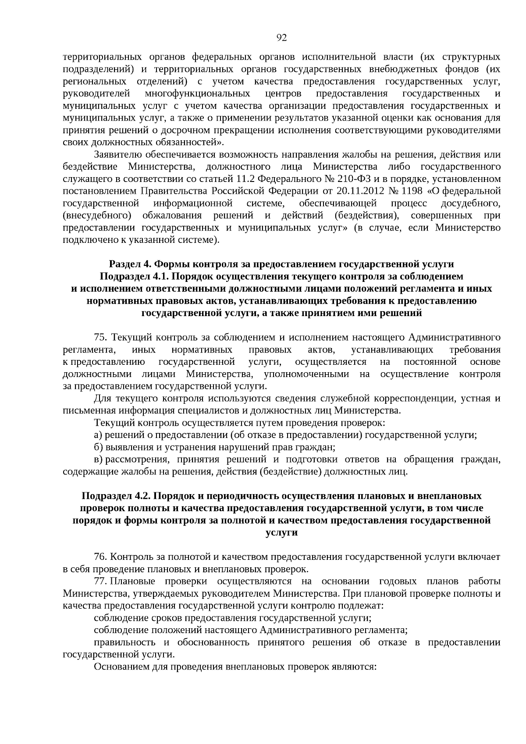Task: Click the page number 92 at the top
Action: (282, 38)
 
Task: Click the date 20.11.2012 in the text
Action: (361, 191)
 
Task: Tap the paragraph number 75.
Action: (101, 337)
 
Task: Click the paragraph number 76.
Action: (101, 557)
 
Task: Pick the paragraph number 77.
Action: (100, 581)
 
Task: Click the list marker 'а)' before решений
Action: (98, 435)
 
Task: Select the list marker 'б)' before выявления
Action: (98, 447)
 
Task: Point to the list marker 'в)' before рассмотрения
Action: (98, 459)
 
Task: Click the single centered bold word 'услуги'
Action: (281, 533)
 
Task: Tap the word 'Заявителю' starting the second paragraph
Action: (117, 154)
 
